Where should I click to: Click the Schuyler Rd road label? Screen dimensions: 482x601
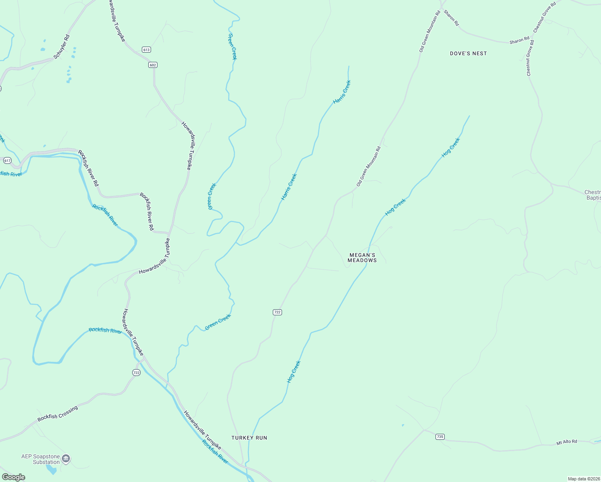pos(61,47)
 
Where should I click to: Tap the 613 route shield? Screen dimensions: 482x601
pos(146,49)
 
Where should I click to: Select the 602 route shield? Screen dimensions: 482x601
pos(153,65)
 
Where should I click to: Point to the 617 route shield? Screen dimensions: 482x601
pos(7,160)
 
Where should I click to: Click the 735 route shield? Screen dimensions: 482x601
pos(440,437)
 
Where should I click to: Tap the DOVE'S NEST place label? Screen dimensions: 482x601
pos(468,53)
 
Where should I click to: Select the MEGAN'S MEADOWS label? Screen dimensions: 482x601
pos(362,257)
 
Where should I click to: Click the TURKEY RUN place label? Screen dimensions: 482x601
pos(249,438)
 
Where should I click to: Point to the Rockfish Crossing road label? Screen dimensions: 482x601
pos(57,414)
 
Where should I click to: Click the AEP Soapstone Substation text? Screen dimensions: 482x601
pos(41,459)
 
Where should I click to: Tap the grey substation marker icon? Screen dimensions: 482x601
pos(66,458)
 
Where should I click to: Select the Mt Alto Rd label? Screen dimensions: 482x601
pos(566,442)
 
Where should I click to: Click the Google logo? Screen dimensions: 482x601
pos(14,477)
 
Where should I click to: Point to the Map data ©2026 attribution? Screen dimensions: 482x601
pos(583,479)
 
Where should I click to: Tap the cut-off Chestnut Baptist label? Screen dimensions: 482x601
pos(593,195)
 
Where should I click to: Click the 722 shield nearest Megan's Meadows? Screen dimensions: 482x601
pos(277,312)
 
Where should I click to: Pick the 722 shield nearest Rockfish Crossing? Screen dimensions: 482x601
pos(136,373)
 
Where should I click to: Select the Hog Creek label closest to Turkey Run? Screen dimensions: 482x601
pos(294,372)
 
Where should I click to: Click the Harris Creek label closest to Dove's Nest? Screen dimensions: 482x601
pos(342,92)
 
